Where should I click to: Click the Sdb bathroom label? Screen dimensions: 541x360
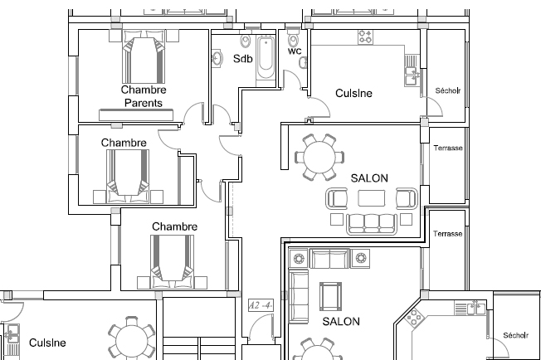click(243, 59)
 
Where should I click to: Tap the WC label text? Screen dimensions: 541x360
click(295, 51)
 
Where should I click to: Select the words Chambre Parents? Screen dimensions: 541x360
click(144, 96)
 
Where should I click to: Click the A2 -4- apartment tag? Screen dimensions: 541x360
click(261, 305)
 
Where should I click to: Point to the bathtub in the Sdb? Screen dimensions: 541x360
click(266, 58)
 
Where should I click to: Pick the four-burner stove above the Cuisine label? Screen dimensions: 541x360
click(365, 36)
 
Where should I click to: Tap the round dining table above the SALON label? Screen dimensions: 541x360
click(319, 157)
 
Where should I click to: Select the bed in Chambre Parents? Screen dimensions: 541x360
click(144, 57)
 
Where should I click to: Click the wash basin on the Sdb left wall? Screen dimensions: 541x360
click(217, 59)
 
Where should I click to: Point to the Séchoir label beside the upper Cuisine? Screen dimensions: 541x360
click(448, 90)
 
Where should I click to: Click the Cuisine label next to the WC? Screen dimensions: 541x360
click(353, 93)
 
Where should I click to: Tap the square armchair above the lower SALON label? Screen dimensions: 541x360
click(330, 297)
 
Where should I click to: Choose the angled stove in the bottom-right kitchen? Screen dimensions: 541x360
click(414, 317)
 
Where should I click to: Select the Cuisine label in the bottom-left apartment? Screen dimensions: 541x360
click(47, 343)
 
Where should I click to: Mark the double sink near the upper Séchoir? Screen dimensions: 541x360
click(412, 76)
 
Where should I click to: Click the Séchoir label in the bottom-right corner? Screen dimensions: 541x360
click(515, 335)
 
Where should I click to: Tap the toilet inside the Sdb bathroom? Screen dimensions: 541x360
click(246, 41)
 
